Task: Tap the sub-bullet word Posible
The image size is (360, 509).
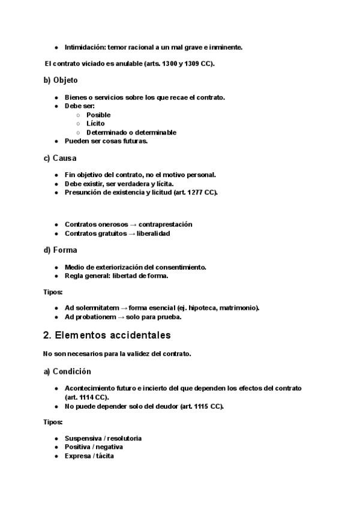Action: click(x=98, y=115)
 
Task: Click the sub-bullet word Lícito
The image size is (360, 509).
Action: click(x=95, y=124)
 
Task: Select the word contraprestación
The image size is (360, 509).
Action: click(x=165, y=224)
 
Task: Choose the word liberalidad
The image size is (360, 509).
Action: click(x=152, y=233)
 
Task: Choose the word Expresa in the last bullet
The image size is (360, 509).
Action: click(x=78, y=456)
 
